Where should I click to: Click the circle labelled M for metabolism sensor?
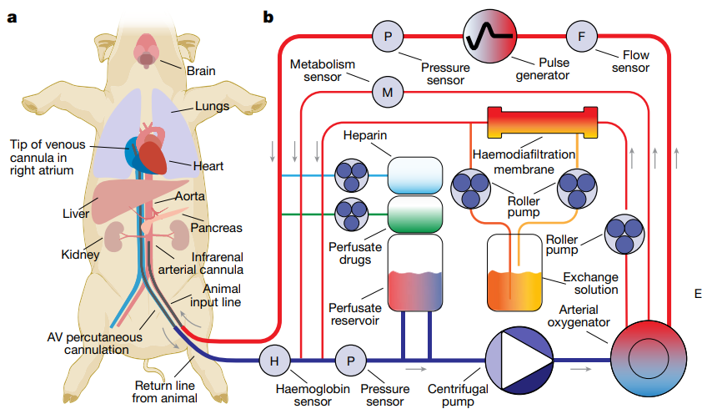(x=387, y=93)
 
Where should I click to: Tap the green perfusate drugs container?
(x=415, y=215)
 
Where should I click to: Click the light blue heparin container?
(x=415, y=176)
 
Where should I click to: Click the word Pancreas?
(x=216, y=228)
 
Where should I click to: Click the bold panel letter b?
(x=268, y=16)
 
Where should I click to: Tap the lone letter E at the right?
(x=697, y=293)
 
